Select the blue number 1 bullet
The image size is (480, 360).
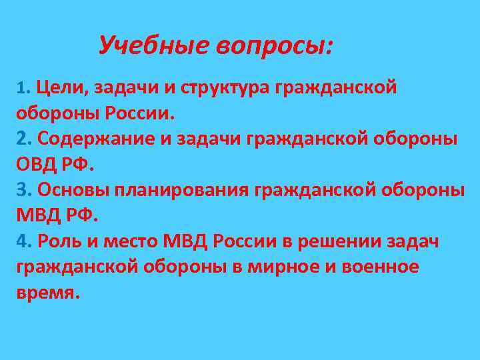21,88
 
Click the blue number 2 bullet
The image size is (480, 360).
23,138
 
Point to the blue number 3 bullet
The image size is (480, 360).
23,189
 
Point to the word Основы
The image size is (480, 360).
73,189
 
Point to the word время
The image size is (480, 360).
47,293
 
